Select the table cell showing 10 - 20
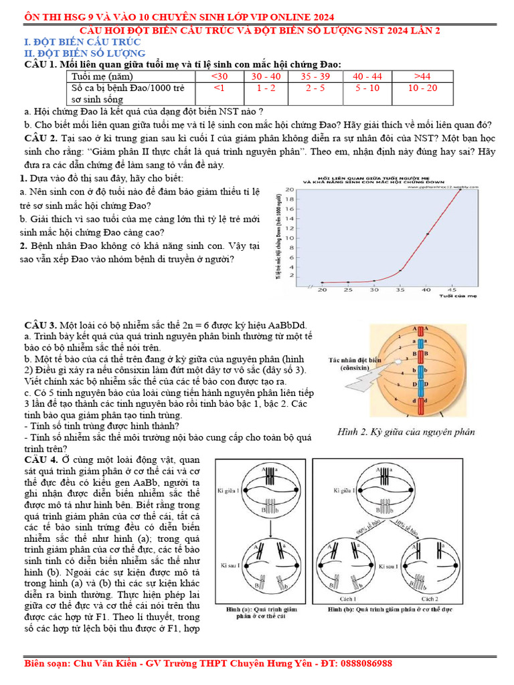[x=422, y=88]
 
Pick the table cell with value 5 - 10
[x=367, y=88]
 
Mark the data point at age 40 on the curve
[x=428, y=234]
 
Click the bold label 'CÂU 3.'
[x=40, y=324]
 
